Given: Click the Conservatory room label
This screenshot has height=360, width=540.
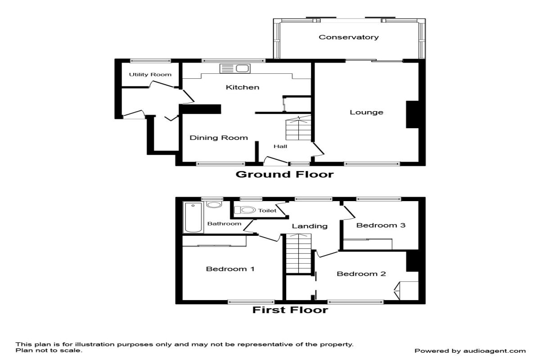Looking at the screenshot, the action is [x=349, y=37].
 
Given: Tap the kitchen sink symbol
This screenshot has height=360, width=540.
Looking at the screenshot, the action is [x=235, y=69].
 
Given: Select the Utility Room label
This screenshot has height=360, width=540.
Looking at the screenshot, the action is [x=150, y=75].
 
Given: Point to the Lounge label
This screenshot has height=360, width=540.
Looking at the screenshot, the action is [x=366, y=112].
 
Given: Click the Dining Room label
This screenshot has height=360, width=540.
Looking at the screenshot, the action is [x=219, y=138].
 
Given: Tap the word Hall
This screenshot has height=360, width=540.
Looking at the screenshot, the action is [x=280, y=146].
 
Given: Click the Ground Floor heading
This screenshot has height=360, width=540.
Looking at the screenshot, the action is [x=285, y=174].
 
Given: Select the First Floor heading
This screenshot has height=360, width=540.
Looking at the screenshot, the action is [x=290, y=310].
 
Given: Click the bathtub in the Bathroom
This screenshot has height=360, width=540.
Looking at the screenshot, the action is [x=193, y=217].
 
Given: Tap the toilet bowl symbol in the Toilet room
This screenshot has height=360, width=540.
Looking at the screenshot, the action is [x=245, y=210].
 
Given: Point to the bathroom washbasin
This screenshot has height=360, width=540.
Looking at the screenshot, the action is [x=214, y=204].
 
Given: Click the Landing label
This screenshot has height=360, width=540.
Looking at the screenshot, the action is [x=310, y=226].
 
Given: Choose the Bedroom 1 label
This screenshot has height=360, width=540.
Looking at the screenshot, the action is [x=230, y=269].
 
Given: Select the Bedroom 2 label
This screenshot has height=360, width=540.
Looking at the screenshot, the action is [x=361, y=274].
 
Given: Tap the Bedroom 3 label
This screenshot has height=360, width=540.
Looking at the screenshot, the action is [x=381, y=225].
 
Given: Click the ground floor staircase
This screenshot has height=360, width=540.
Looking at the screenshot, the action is [x=298, y=128].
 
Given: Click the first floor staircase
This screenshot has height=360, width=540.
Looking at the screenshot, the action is [x=299, y=253].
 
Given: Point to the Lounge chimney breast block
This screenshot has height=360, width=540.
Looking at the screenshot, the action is [x=413, y=114].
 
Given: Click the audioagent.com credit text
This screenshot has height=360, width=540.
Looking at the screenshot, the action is [x=470, y=351].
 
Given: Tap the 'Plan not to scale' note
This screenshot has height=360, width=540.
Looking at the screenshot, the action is [x=49, y=351].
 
